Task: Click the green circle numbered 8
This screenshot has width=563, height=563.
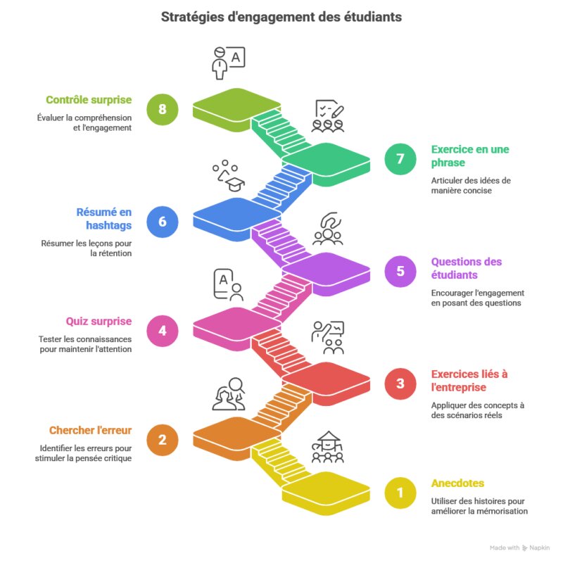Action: [163, 110]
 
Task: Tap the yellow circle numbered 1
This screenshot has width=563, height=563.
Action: [400, 493]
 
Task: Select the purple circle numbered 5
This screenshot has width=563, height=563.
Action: [400, 271]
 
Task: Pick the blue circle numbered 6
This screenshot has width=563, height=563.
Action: [163, 222]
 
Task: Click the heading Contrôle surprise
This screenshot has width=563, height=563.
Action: [89, 100]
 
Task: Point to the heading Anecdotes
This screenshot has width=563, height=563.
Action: [457, 483]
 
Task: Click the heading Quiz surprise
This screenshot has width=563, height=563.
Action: [99, 321]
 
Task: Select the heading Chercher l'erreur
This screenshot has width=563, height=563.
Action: [90, 430]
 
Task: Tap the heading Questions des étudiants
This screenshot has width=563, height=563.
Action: [467, 267]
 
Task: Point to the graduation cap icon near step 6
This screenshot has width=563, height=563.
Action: [232, 184]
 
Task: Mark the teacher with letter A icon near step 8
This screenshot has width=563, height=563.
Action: [227, 63]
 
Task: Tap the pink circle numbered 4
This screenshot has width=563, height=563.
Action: [163, 330]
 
